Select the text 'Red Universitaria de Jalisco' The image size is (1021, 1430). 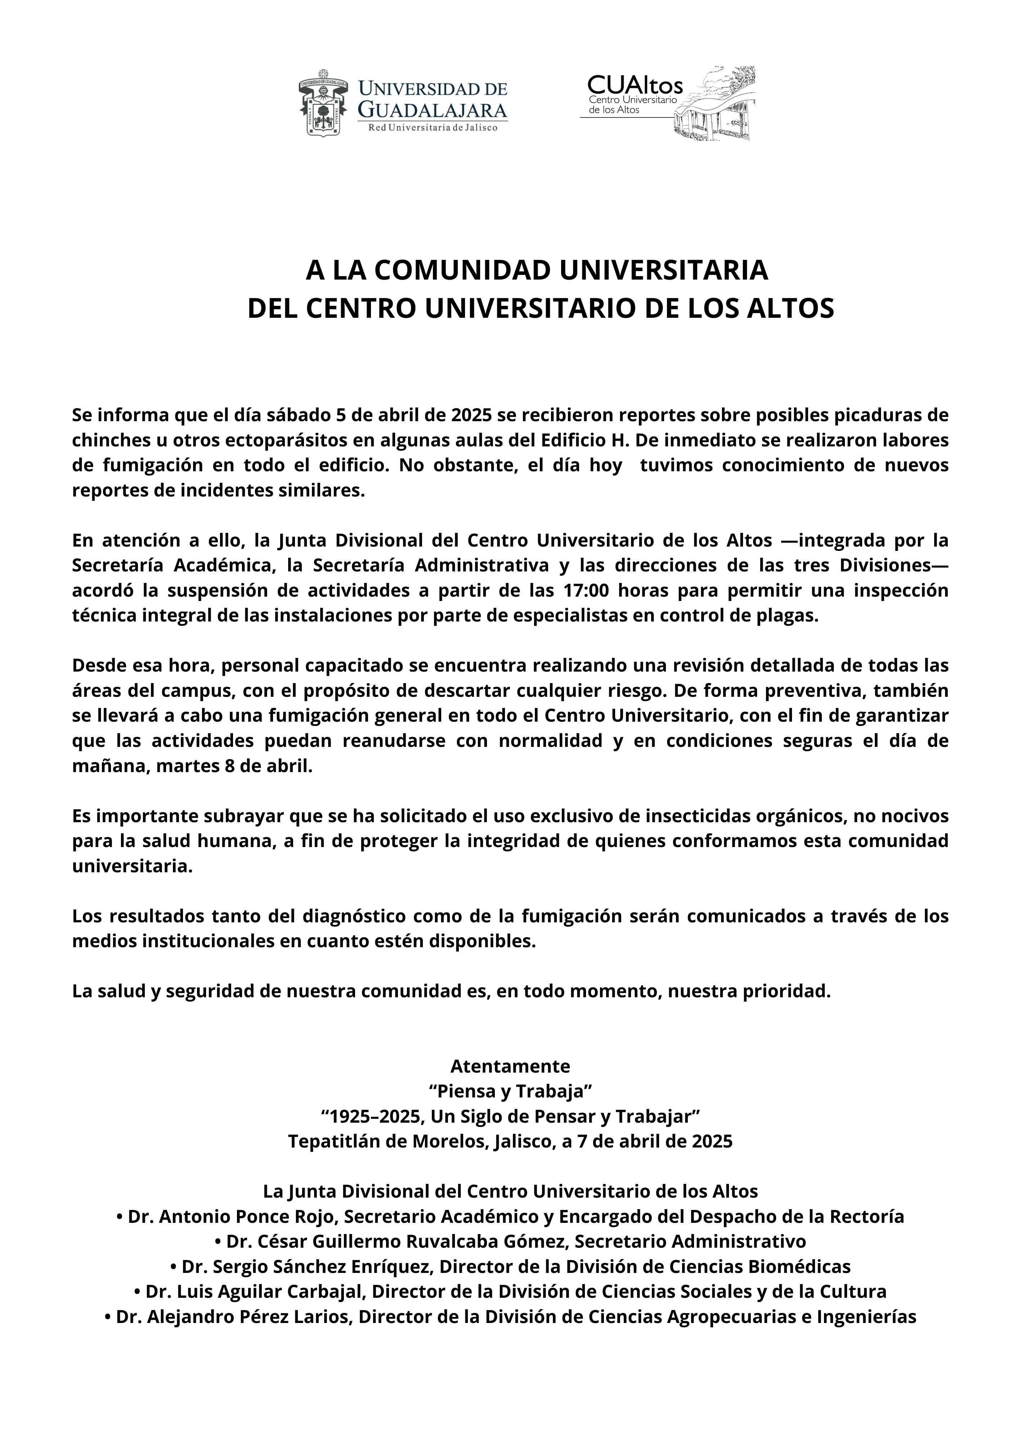click(x=433, y=128)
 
